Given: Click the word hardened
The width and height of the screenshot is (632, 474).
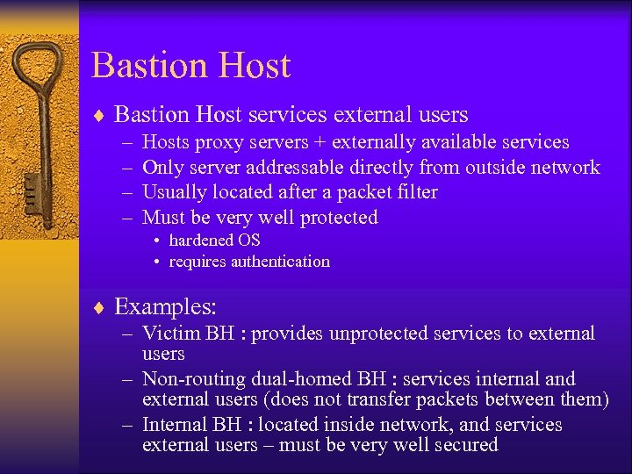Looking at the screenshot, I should (x=201, y=240).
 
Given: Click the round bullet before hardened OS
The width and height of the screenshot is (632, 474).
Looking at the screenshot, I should (x=155, y=241).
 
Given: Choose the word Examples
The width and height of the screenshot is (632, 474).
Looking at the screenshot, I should (x=166, y=307).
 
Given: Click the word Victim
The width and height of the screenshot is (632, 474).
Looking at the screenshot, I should (x=171, y=334).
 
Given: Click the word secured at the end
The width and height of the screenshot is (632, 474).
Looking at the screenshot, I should (x=465, y=445).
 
